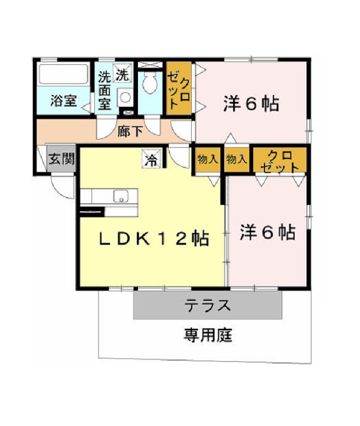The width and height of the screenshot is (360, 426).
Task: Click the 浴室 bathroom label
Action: coord(63,101)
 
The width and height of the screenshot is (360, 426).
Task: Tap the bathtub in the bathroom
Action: coord(64,74)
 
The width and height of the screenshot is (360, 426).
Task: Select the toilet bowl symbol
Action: coord(150,83)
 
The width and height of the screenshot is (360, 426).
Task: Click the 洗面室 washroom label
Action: coord(104,90)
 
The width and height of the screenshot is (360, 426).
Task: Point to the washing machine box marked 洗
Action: coord(122,73)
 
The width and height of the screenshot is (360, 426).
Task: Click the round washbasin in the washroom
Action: coord(125,97)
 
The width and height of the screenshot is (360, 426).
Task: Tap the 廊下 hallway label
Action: coord(130,131)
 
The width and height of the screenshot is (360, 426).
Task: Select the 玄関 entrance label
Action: coord(62,158)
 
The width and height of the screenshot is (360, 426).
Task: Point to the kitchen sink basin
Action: coord(121,196)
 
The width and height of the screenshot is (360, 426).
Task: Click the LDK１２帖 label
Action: coord(154,238)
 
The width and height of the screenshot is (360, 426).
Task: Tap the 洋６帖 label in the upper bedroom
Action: coord(251,103)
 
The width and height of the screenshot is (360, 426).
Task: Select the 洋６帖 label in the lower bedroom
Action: coord(268,232)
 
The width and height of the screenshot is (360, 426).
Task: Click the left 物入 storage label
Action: coord(208,159)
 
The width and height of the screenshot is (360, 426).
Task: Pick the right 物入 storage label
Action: coord(236,159)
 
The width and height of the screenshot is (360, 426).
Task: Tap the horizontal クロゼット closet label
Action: coord(280,162)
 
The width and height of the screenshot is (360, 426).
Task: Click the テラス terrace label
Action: coord(208,305)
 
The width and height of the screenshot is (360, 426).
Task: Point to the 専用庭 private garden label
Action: coord(208,335)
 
